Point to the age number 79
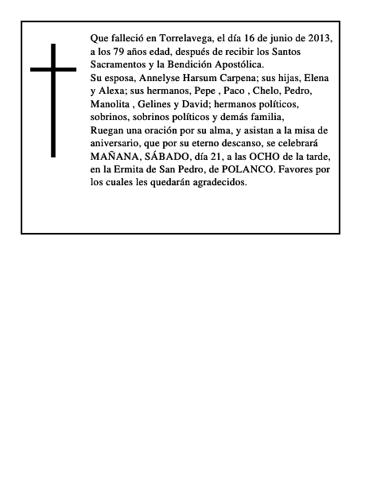122,51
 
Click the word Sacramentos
118,64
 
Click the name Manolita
111,104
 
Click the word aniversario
116,143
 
